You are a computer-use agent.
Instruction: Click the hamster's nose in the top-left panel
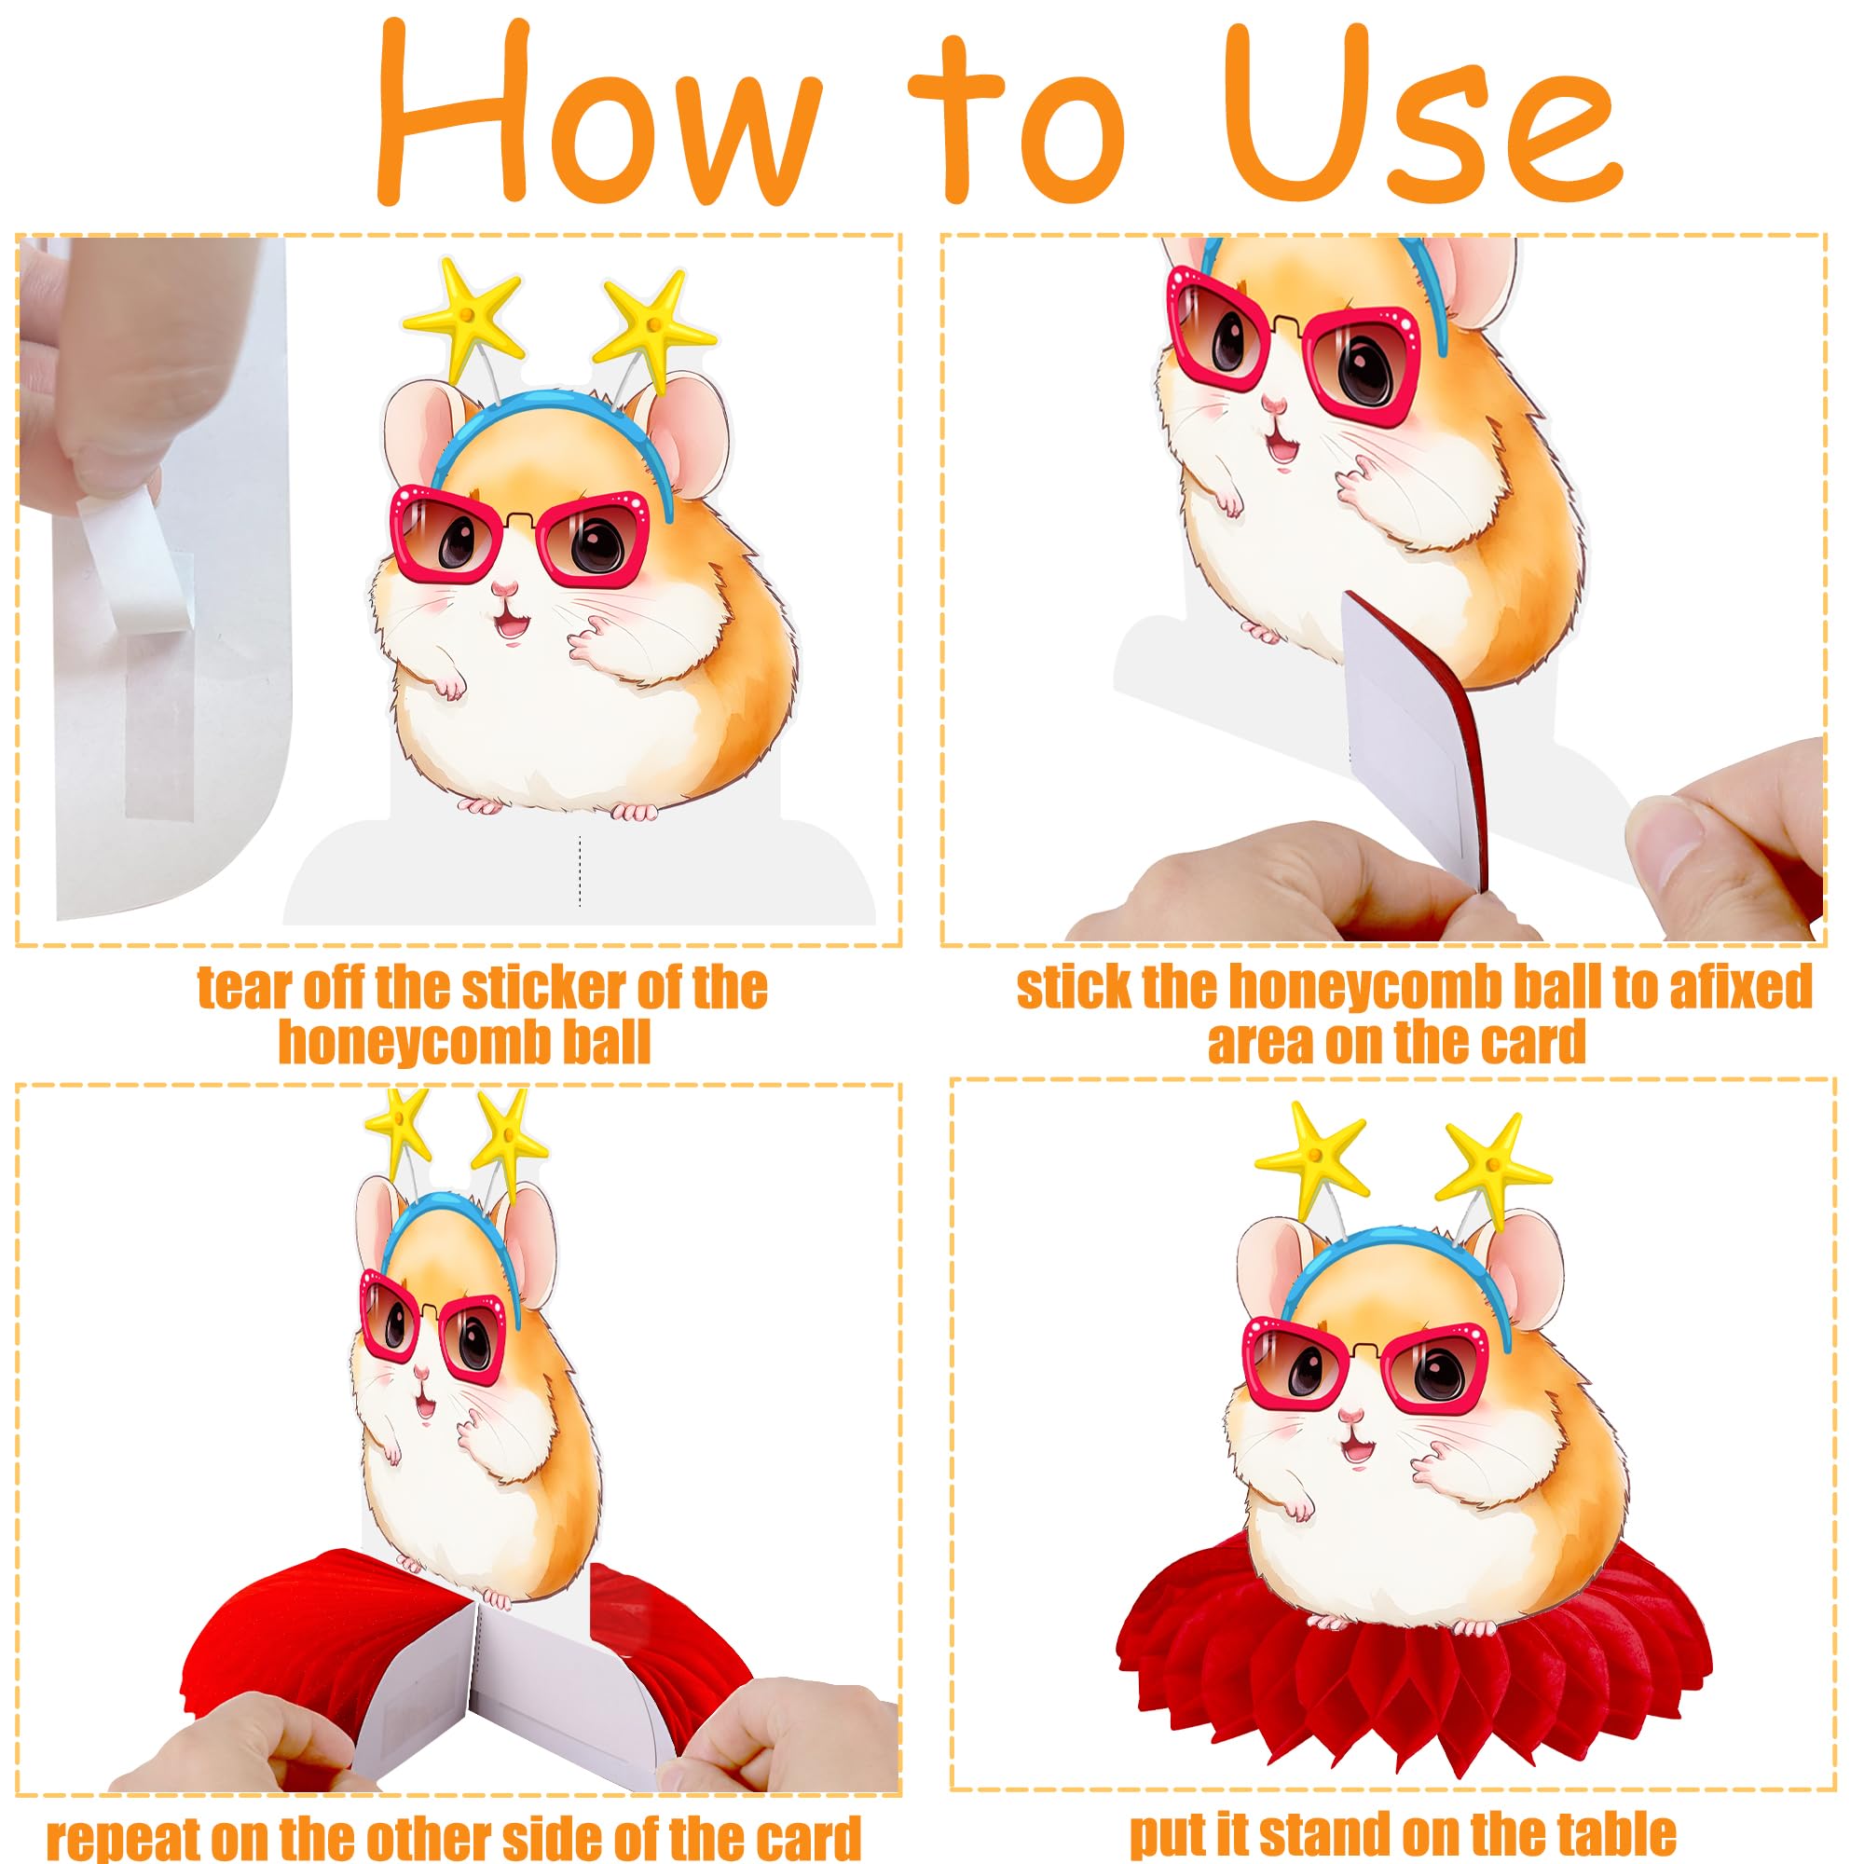coord(502,587)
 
